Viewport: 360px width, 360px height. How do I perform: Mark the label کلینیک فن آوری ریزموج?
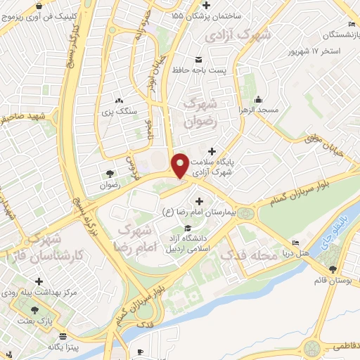coord(37,14)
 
